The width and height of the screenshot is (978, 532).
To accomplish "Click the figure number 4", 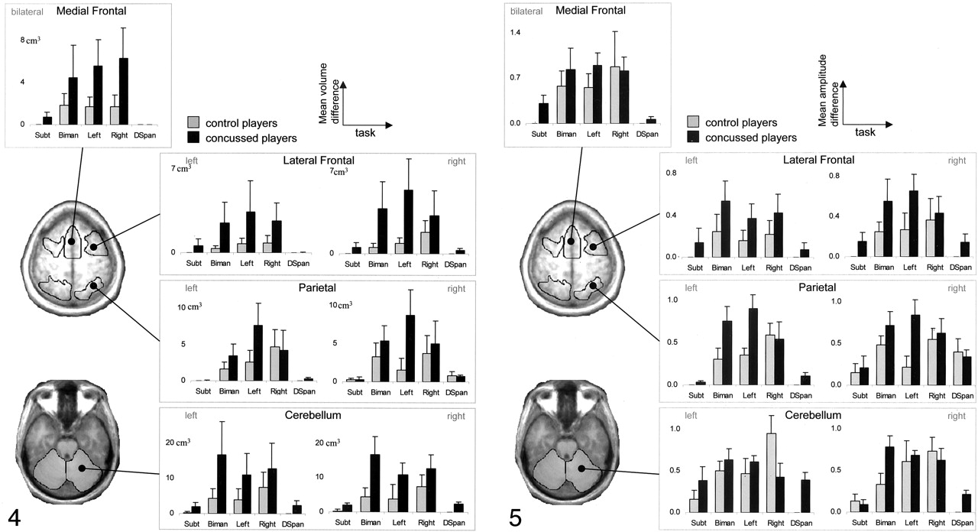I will (14, 517).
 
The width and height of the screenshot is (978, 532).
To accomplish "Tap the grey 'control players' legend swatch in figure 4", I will (193, 123).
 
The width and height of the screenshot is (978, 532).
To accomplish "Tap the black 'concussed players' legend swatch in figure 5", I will (694, 138).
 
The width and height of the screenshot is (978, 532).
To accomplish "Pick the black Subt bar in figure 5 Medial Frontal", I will (544, 113).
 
